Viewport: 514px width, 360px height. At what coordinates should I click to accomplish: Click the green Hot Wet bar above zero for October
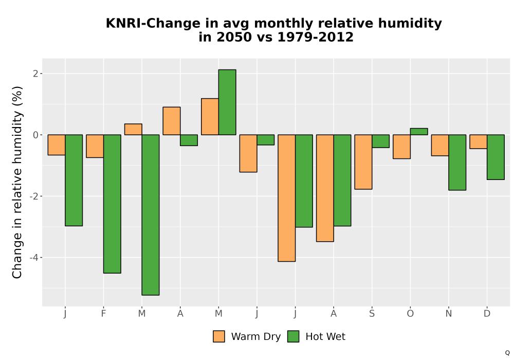[418, 132]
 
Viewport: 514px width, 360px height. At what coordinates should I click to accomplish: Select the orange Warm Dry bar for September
[363, 162]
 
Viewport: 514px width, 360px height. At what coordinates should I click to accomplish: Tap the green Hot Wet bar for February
[112, 204]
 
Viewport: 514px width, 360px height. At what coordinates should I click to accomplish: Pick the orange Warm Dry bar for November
[440, 145]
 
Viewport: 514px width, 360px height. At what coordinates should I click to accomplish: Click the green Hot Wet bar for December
[495, 157]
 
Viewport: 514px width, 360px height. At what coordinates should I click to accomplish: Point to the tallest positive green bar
[227, 102]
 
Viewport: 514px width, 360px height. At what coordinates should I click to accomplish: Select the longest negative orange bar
[286, 198]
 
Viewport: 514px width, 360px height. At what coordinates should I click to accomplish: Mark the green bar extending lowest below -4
[151, 215]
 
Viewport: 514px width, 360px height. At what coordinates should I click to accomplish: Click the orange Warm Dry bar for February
[95, 146]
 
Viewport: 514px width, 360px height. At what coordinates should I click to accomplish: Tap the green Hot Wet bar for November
[457, 163]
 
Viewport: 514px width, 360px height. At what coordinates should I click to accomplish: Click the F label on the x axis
[104, 314]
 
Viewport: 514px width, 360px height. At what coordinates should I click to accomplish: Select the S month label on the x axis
[372, 314]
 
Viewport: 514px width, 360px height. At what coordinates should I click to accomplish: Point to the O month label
[410, 314]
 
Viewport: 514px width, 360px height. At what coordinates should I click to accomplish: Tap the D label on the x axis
[487, 314]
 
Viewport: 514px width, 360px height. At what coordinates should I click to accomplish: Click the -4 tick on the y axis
[34, 258]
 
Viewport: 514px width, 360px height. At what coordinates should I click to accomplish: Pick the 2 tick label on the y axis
[36, 74]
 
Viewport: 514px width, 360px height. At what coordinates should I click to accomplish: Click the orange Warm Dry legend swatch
[219, 336]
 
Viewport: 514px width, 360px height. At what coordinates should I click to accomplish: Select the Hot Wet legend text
[325, 337]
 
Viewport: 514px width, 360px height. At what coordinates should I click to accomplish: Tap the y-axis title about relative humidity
[17, 182]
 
